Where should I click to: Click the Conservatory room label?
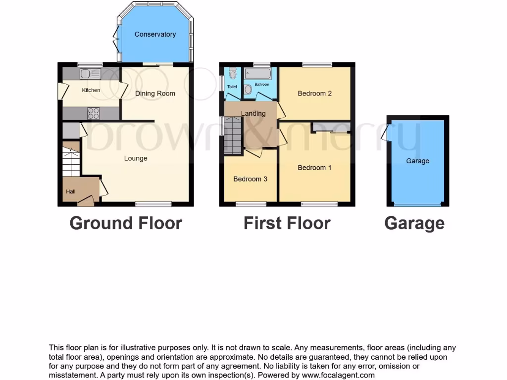click(x=155, y=34)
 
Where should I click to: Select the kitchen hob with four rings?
click(x=94, y=113)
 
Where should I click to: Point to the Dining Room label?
click(x=155, y=94)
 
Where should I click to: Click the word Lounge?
click(x=136, y=158)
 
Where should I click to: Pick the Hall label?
click(x=71, y=191)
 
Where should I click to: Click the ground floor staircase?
click(x=71, y=160)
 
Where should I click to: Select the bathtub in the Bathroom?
click(x=257, y=75)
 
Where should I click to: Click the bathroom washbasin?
click(x=248, y=89)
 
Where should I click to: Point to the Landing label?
click(x=253, y=113)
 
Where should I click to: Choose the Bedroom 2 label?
click(x=314, y=93)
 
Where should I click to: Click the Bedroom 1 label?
click(x=314, y=168)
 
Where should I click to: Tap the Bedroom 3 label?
click(x=250, y=179)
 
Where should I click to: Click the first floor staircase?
click(x=233, y=134)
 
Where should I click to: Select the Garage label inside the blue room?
click(x=417, y=161)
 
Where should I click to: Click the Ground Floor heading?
click(x=126, y=223)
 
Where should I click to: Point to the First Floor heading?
click(x=287, y=223)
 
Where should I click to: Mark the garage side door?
click(x=385, y=133)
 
